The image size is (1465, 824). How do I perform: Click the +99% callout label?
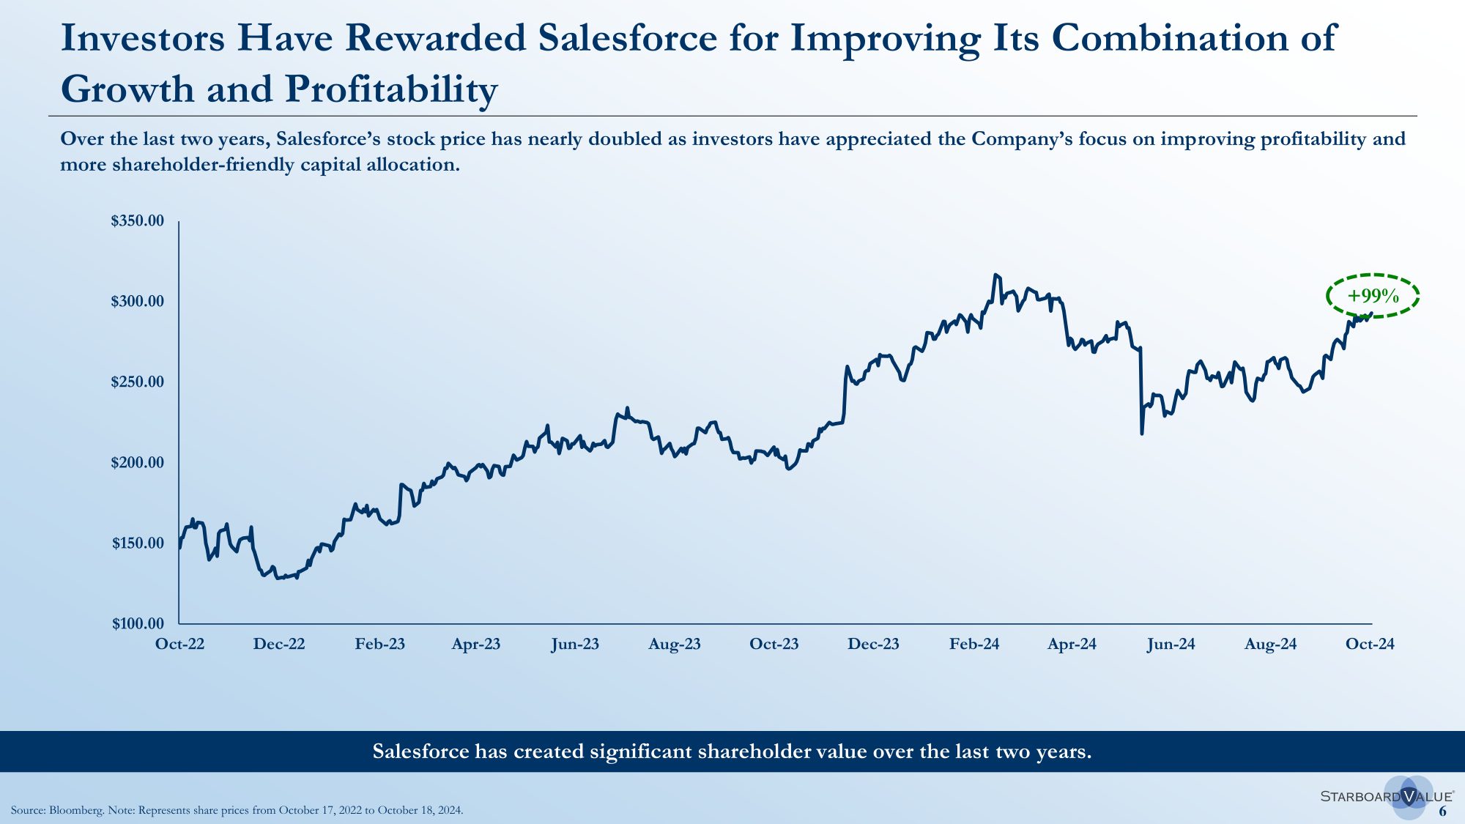click(1373, 296)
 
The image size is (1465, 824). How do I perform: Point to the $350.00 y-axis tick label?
click(138, 221)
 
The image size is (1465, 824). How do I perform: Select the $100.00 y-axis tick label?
click(138, 623)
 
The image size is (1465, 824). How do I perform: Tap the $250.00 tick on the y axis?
click(138, 382)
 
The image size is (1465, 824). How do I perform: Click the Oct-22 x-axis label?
click(179, 644)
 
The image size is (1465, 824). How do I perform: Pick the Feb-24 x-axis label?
click(973, 644)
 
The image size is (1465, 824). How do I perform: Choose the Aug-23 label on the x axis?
click(674, 644)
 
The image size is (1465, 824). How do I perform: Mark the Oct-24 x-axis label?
click(1370, 644)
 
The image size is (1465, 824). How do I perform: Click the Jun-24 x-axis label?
click(1171, 644)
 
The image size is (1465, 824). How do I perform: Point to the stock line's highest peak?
click(995, 275)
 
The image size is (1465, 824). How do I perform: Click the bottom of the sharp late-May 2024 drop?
click(1141, 434)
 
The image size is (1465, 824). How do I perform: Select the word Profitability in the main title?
click(391, 89)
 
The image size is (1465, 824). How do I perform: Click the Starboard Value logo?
click(1387, 796)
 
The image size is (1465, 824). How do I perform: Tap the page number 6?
click(1442, 811)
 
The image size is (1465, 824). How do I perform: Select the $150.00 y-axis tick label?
click(138, 543)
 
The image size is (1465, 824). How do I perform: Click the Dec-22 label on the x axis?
click(278, 644)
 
